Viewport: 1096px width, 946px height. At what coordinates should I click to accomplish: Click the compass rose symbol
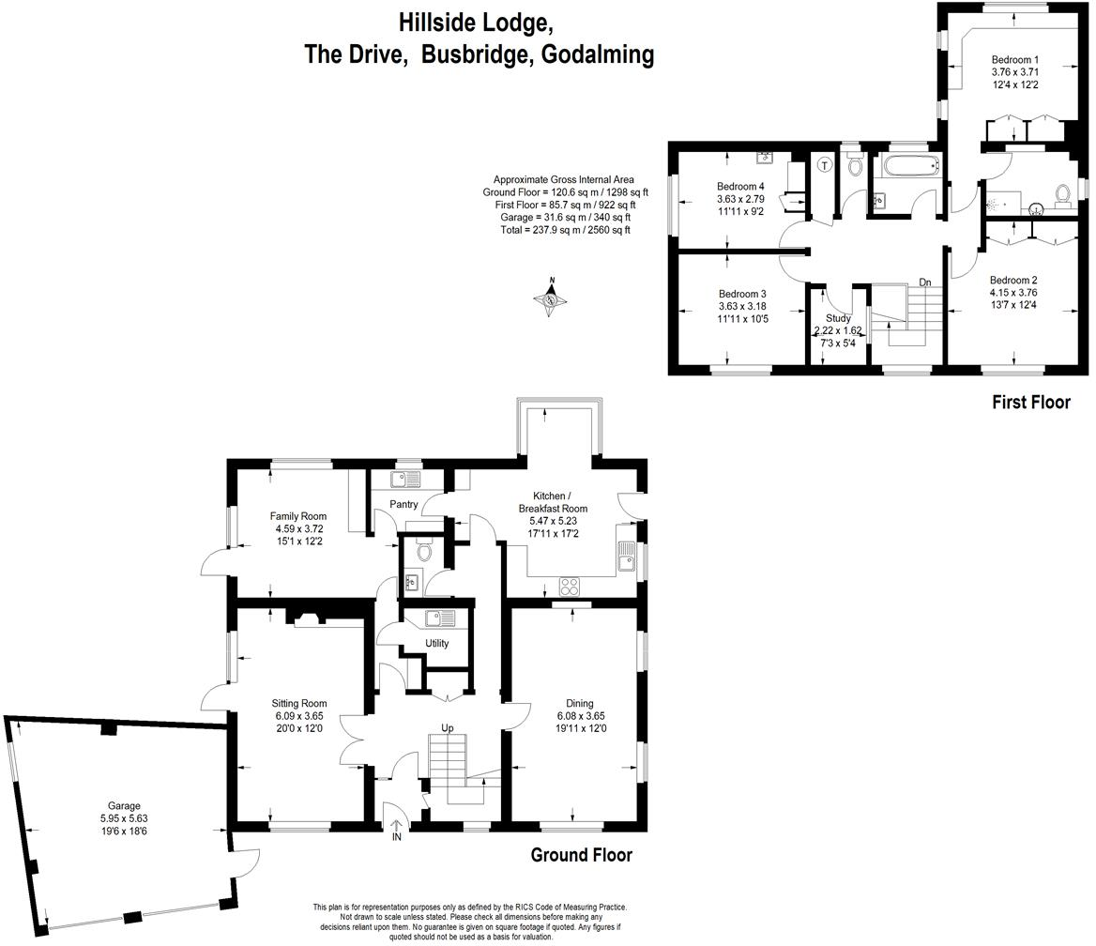[x=551, y=299]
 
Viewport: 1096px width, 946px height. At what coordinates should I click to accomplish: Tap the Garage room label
[x=124, y=805]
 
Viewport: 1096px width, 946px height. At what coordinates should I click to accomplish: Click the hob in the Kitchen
[x=570, y=587]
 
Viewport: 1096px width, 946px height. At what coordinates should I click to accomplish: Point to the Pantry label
[x=403, y=504]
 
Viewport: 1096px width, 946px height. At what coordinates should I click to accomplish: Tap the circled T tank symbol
[x=825, y=166]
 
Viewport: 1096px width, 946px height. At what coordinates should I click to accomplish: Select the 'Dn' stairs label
[x=924, y=282]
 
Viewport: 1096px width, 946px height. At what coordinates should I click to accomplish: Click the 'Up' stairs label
[x=448, y=728]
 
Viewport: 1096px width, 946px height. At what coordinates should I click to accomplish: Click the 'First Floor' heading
[x=1031, y=403]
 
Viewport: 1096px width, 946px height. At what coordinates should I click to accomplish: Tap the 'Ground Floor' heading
[x=582, y=855]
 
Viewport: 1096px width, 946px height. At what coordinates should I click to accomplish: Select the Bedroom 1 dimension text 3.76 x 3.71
[x=1014, y=71]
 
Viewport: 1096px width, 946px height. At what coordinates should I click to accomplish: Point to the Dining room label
[x=579, y=703]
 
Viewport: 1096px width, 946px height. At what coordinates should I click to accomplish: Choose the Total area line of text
[x=564, y=230]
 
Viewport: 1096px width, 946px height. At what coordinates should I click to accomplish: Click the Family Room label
[x=297, y=516]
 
